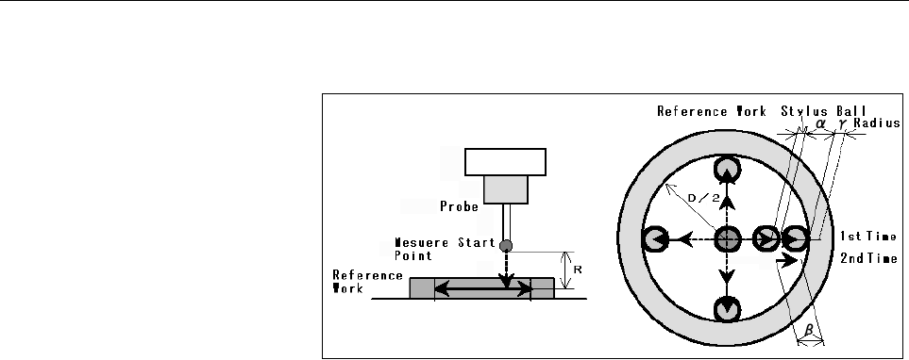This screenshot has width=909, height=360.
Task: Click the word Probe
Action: (459, 206)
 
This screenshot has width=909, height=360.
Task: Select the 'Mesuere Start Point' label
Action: (445, 249)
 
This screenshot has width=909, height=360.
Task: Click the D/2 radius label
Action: (703, 199)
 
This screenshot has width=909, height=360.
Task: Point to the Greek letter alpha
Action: (820, 123)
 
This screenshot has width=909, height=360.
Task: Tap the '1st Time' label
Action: (868, 237)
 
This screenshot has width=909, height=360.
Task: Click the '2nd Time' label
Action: (868, 259)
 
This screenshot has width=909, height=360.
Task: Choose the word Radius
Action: (877, 123)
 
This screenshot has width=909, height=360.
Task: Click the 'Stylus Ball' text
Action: (824, 110)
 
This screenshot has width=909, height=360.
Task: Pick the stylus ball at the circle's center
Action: (727, 238)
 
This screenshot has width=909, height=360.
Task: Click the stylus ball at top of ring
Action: (727, 170)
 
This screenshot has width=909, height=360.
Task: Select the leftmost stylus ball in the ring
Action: (654, 238)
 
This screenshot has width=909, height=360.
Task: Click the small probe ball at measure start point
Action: (506, 245)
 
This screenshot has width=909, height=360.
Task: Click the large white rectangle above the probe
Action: (505, 162)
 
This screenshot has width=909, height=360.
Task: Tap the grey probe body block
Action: (506, 189)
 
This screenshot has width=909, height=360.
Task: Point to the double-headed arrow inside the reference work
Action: (483, 288)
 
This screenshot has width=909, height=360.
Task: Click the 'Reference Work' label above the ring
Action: (712, 110)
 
